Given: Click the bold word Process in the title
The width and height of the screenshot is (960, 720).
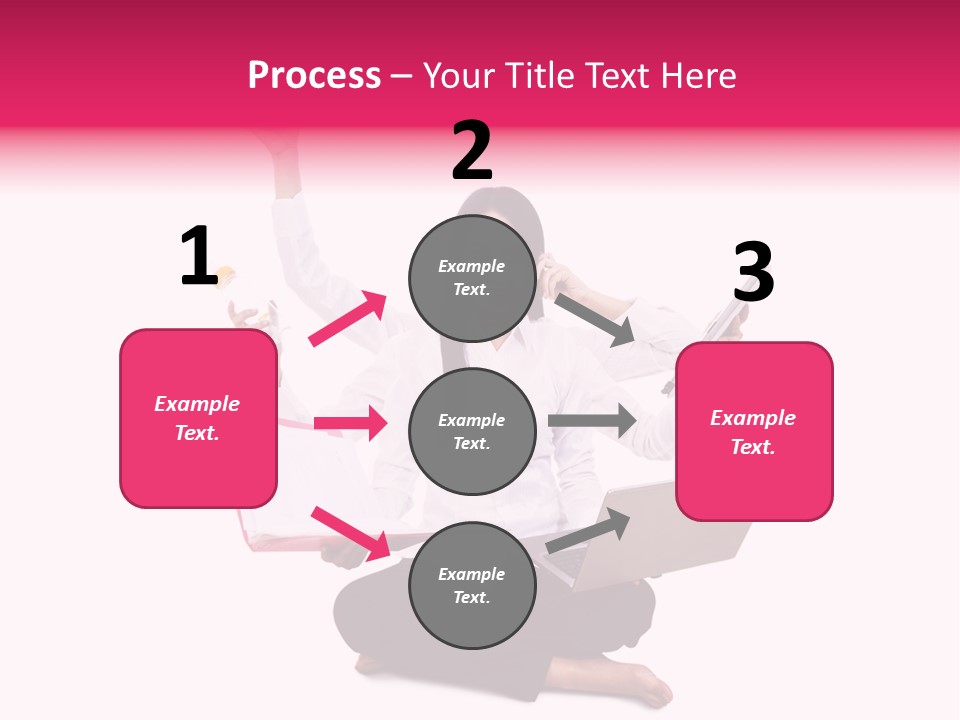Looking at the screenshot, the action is pyautogui.click(x=314, y=76).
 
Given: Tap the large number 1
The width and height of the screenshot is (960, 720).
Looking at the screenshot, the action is pyautogui.click(x=199, y=257).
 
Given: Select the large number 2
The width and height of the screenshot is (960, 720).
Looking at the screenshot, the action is pyautogui.click(x=472, y=152).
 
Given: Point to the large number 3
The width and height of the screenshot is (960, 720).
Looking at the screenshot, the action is pyautogui.click(x=753, y=273).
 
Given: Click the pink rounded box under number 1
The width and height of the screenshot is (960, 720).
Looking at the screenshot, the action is pyautogui.click(x=198, y=418).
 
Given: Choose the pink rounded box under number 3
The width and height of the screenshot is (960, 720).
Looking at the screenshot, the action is pyautogui.click(x=754, y=431).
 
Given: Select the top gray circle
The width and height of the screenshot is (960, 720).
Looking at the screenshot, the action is pyautogui.click(x=472, y=277).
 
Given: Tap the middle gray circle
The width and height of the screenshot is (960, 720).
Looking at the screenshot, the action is pyautogui.click(x=472, y=431).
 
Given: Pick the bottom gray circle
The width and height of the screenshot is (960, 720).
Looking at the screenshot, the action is pyautogui.click(x=472, y=585).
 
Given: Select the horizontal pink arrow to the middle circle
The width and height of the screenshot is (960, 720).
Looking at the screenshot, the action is pyautogui.click(x=350, y=423).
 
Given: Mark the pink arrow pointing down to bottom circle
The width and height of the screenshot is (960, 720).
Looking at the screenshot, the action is pyautogui.click(x=350, y=533).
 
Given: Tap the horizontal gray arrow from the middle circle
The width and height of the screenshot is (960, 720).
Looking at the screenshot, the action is pyautogui.click(x=591, y=420).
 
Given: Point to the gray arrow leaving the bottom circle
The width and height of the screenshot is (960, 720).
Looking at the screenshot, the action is pyautogui.click(x=588, y=531).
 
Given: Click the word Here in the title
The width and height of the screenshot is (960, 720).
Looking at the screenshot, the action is pyautogui.click(x=700, y=76).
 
